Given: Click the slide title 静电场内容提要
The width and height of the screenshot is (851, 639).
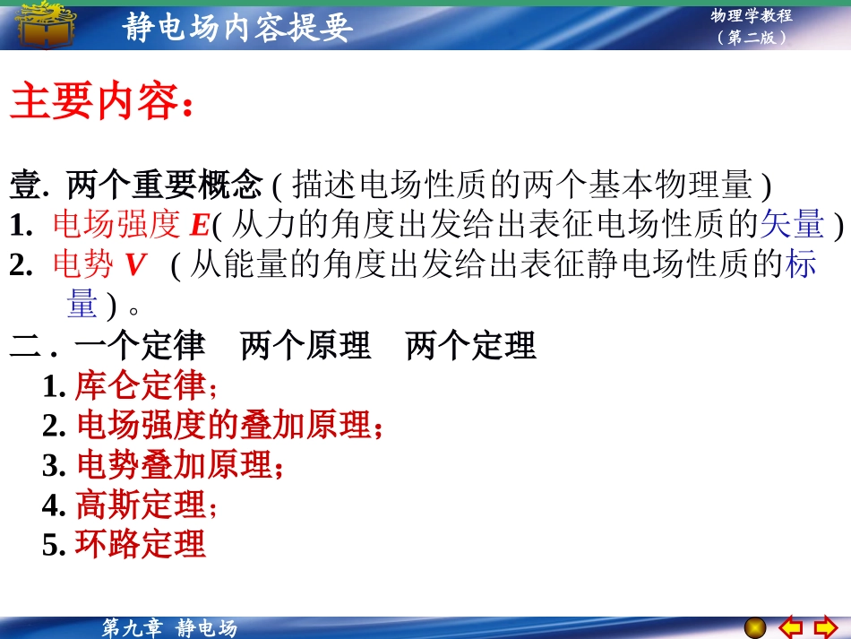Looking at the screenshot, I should [237, 27].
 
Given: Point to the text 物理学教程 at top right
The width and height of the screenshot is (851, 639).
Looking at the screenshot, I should [752, 15].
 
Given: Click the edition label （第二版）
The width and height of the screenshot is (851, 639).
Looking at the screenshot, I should [752, 38].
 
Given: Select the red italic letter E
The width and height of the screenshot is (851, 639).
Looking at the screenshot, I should [201, 226].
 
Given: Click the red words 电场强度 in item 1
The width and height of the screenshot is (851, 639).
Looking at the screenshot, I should [117, 225].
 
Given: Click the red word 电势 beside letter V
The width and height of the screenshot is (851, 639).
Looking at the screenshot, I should [83, 265].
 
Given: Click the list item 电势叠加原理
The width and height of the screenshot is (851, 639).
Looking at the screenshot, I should [174, 466].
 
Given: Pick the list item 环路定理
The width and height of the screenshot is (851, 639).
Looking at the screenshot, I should [140, 544].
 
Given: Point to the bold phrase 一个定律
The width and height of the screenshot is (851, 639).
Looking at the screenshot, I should [140, 346].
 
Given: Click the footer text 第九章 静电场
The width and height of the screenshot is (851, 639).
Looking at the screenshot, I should [169, 628].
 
